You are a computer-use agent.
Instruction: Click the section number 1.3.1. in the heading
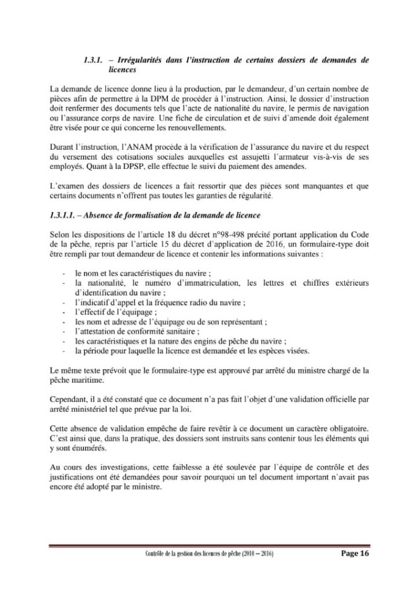click(x=94, y=60)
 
